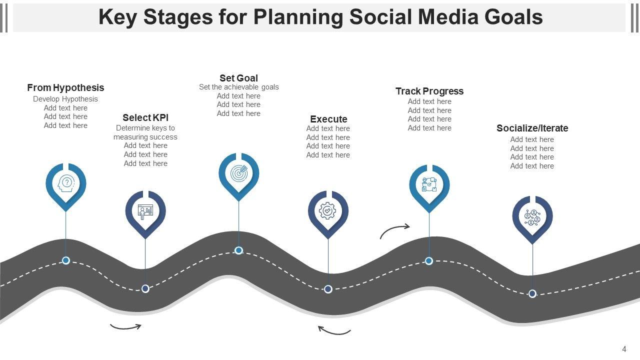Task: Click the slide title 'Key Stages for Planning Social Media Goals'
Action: tap(320, 17)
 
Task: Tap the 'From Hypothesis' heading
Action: tap(65, 87)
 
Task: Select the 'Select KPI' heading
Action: tap(145, 117)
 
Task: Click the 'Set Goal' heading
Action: tap(238, 78)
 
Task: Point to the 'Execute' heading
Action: tap(328, 119)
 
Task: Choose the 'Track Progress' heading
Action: tap(429, 91)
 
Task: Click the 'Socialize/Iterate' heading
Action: tap(532, 128)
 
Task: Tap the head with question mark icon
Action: tap(66, 183)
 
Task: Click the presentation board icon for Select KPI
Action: tap(145, 211)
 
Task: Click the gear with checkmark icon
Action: tap(328, 211)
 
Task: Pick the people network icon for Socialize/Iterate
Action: tap(532, 216)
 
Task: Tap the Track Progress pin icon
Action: tap(429, 185)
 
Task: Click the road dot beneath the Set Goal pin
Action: tap(239, 250)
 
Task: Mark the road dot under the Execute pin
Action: tap(328, 289)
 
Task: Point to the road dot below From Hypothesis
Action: tap(66, 260)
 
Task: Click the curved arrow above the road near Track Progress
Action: tap(395, 230)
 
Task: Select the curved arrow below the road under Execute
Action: tap(334, 330)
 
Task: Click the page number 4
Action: tap(624, 349)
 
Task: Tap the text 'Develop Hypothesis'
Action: tap(65, 99)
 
